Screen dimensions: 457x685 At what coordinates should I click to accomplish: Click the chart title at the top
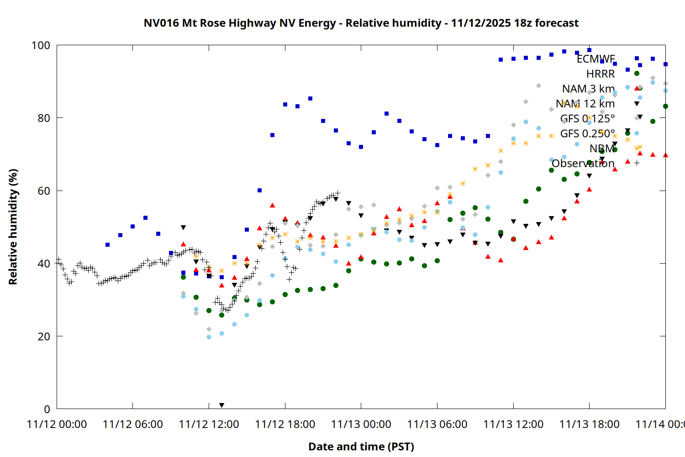click(361, 23)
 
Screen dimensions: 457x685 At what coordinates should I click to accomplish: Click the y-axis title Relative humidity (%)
click(13, 227)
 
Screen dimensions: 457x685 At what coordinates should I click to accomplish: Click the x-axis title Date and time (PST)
click(361, 446)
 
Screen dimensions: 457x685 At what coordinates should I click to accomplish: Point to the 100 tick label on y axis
click(41, 45)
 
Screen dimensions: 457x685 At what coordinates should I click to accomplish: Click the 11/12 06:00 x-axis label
click(132, 425)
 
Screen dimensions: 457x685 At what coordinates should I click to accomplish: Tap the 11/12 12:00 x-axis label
click(209, 425)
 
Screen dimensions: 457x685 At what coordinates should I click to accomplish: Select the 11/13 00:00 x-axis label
click(361, 425)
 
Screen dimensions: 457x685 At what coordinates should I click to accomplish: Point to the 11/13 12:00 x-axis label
click(513, 425)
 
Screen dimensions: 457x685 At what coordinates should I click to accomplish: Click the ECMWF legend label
click(595, 59)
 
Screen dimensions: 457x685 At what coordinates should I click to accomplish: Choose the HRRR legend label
click(601, 74)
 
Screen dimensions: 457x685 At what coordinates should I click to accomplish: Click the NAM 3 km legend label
click(588, 89)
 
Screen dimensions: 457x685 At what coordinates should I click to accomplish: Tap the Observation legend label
click(583, 164)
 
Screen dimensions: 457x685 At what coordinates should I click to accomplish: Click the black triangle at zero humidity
click(221, 405)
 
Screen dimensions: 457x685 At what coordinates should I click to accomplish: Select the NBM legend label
click(602, 149)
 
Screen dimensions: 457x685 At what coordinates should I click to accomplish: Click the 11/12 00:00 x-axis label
click(57, 425)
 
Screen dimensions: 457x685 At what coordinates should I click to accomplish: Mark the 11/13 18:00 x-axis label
click(589, 425)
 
